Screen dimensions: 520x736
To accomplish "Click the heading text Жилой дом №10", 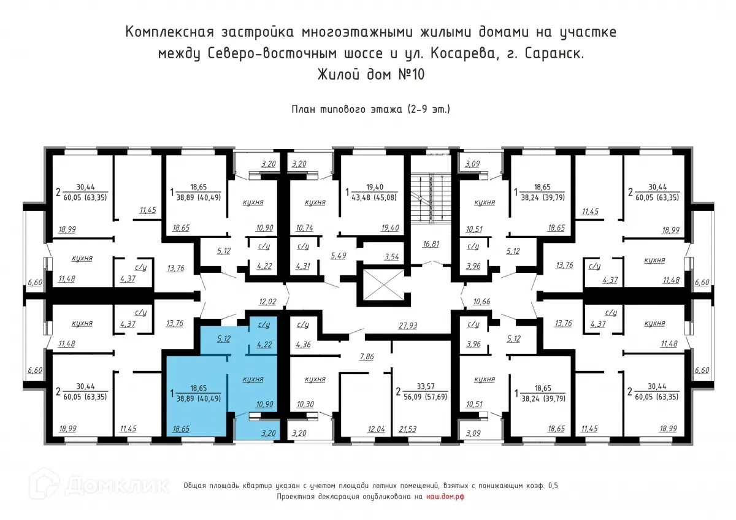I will click(x=370, y=75).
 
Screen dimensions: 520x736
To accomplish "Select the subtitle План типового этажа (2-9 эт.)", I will click(x=370, y=110).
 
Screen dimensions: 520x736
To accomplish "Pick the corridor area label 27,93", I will click(x=407, y=326).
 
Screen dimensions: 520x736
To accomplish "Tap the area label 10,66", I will click(x=483, y=301).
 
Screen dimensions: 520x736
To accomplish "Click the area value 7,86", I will click(x=367, y=356).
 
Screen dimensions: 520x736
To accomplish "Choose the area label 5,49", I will click(x=338, y=255).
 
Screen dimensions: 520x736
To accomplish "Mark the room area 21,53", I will click(x=408, y=429).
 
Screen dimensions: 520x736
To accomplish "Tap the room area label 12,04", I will click(x=374, y=429).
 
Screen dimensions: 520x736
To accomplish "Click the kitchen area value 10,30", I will click(x=305, y=405).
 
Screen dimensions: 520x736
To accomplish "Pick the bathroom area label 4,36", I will click(x=303, y=344).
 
